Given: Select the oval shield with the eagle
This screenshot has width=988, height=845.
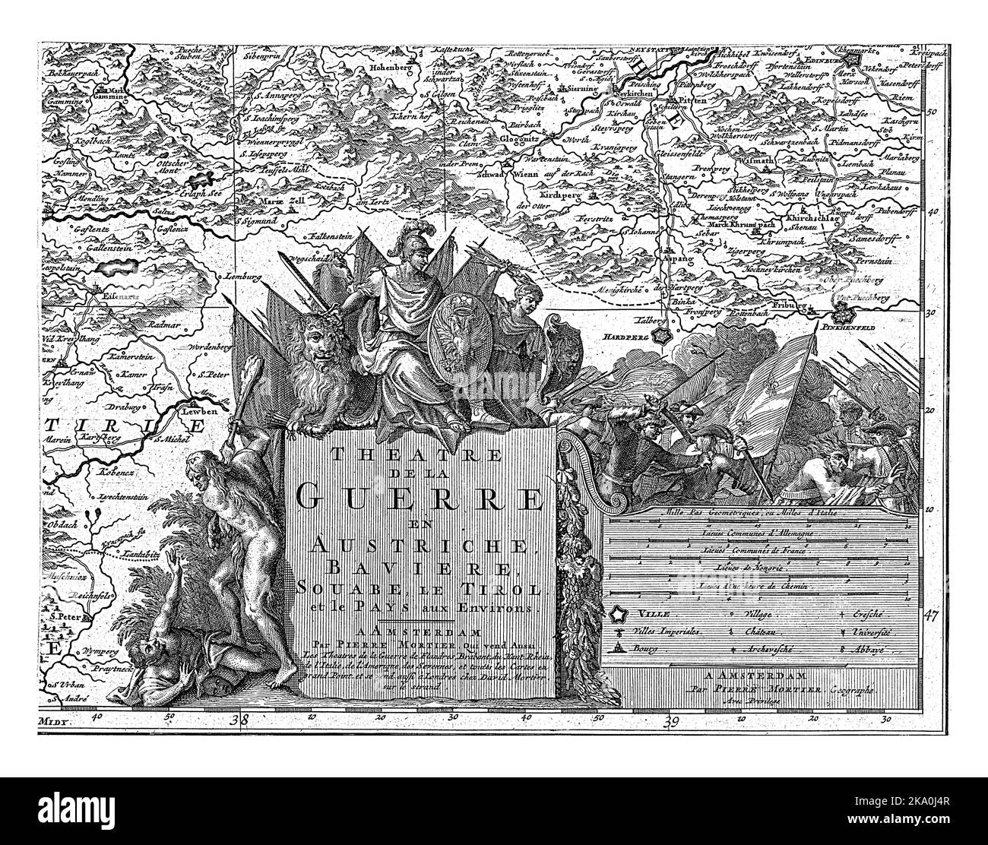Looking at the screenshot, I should point(454,328).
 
